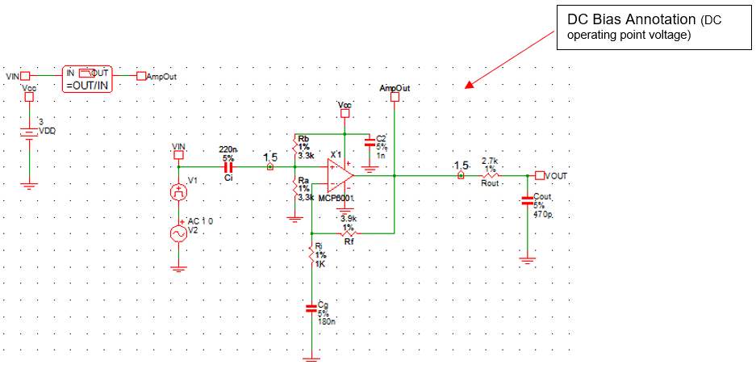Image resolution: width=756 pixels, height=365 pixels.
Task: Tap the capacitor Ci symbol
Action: click(228, 166)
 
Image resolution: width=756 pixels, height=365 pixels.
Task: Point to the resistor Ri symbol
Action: click(311, 255)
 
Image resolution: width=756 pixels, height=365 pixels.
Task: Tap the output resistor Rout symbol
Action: click(491, 175)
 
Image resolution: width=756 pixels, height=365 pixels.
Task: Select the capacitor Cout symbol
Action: click(528, 199)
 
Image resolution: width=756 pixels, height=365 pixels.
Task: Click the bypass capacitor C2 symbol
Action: click(370, 142)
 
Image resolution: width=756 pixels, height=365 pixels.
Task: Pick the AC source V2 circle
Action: click(178, 233)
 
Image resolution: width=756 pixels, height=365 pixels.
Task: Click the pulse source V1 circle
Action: click(178, 192)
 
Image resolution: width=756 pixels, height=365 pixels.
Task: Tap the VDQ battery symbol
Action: click(29, 133)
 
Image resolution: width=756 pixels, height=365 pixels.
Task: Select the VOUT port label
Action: click(555, 175)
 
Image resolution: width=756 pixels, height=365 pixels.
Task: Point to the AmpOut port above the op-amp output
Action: click(395, 97)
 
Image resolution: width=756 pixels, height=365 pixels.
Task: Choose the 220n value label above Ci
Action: click(228, 149)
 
